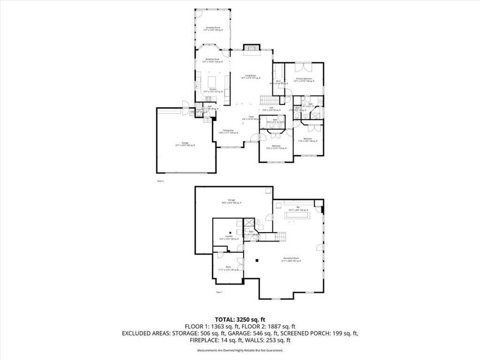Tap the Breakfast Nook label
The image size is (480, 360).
[x=213, y=60]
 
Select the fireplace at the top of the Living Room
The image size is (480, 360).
[x=251, y=49]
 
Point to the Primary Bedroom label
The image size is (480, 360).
[x=304, y=79]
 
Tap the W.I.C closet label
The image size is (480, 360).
[x=278, y=82]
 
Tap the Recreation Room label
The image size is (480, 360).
[x=291, y=260]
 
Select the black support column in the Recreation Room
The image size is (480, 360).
[x=257, y=260]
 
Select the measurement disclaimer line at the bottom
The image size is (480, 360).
[x=240, y=350]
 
